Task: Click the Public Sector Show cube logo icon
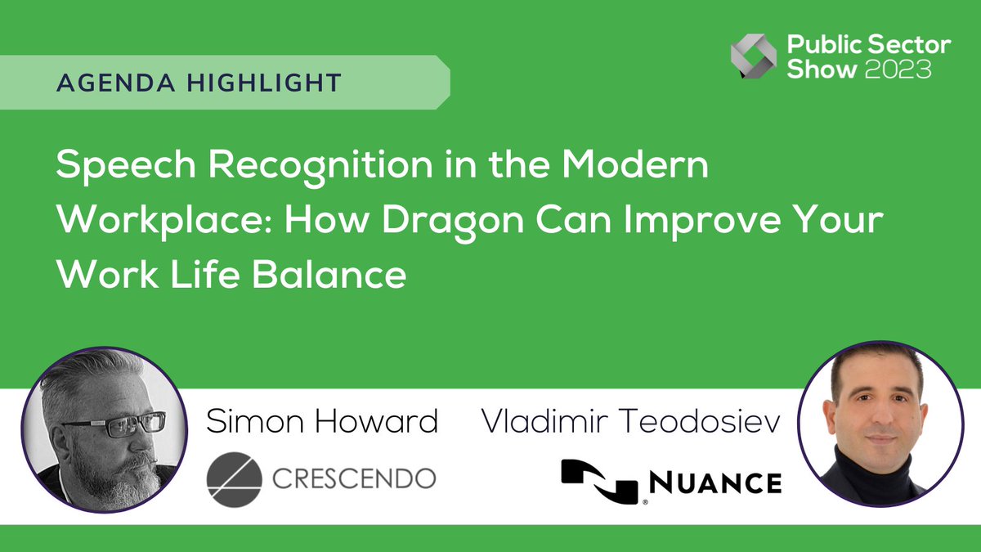[x=753, y=56]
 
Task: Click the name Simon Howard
[x=322, y=421]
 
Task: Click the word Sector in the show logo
[x=912, y=46]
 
